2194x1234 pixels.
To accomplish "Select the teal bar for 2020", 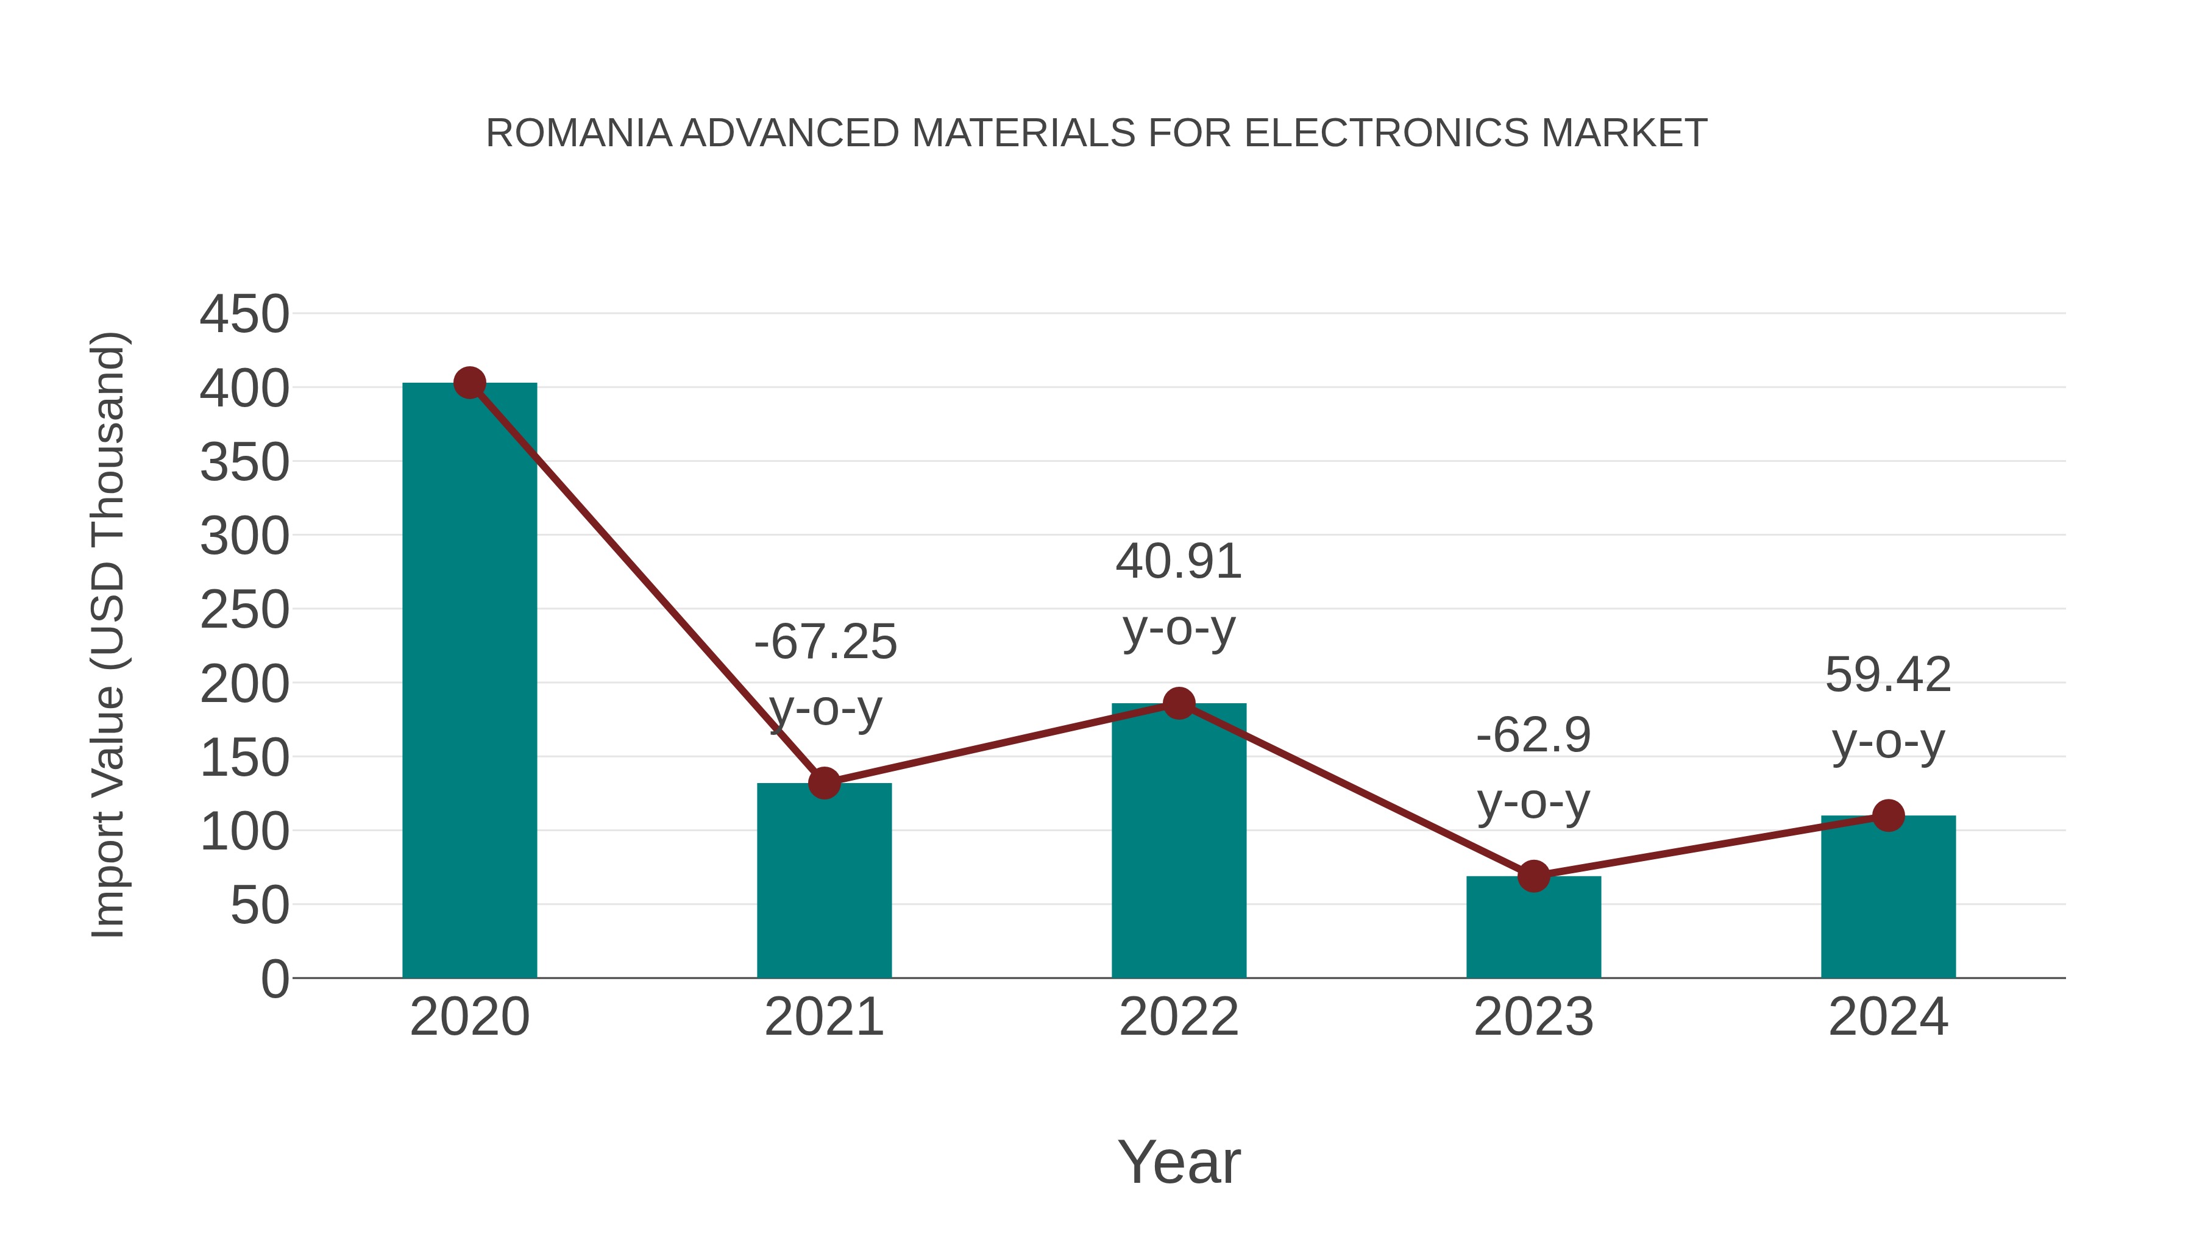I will pyautogui.click(x=469, y=681).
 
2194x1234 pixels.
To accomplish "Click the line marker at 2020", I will pyautogui.click(x=469, y=383).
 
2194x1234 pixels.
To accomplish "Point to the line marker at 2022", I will pyautogui.click(x=1179, y=703).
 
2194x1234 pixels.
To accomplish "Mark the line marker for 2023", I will pyautogui.click(x=1533, y=876).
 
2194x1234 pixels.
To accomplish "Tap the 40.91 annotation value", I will pyautogui.click(x=1179, y=562).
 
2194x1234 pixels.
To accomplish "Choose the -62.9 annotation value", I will pyautogui.click(x=1533, y=735).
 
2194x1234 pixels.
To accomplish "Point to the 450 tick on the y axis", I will pyautogui.click(x=244, y=314).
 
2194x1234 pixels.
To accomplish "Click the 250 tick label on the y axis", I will pyautogui.click(x=244, y=611).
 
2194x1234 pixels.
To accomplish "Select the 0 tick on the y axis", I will pyautogui.click(x=274, y=979).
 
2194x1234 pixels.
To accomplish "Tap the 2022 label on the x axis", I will pyautogui.click(x=1179, y=1017).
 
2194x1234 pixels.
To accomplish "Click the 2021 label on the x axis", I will pyautogui.click(x=823, y=1017).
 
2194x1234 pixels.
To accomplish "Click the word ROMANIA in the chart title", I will pyautogui.click(x=579, y=133).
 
